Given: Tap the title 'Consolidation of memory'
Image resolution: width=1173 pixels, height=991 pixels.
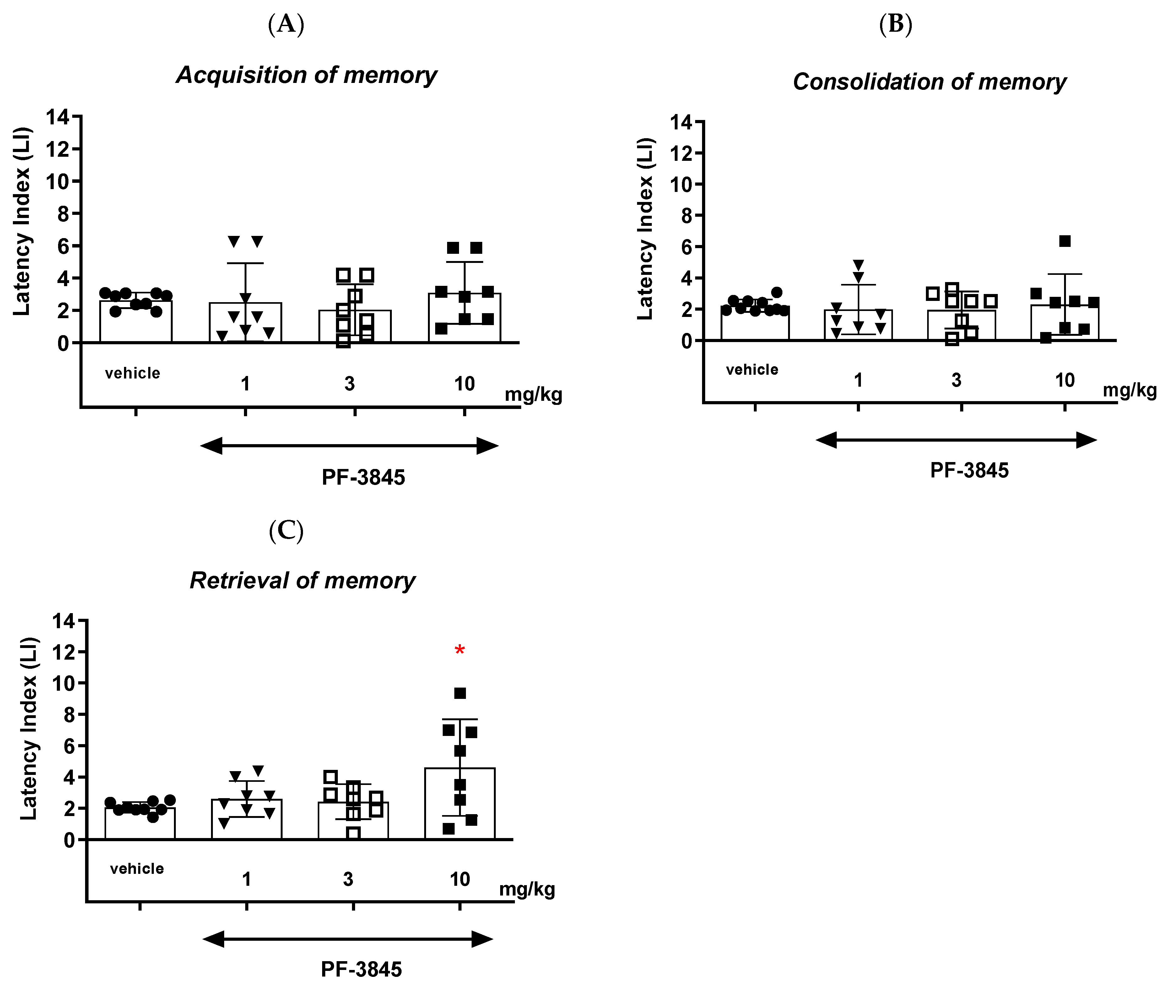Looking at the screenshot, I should point(929,82).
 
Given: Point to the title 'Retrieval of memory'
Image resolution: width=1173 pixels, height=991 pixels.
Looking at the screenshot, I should point(303,580).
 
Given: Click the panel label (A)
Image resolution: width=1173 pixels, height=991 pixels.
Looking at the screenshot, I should point(286,25).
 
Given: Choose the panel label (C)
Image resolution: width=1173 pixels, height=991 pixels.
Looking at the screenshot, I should point(286,531).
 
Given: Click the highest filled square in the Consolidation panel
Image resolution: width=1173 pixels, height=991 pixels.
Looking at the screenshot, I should point(1065,241).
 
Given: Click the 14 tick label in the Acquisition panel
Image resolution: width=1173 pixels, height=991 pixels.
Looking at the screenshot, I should point(57,117).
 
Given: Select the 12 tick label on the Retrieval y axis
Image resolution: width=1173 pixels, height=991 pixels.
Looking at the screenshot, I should point(62,652).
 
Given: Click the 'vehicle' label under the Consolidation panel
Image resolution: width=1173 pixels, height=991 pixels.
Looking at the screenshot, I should point(752,370).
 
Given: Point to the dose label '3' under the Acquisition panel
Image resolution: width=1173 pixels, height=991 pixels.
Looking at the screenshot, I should point(349,384).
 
